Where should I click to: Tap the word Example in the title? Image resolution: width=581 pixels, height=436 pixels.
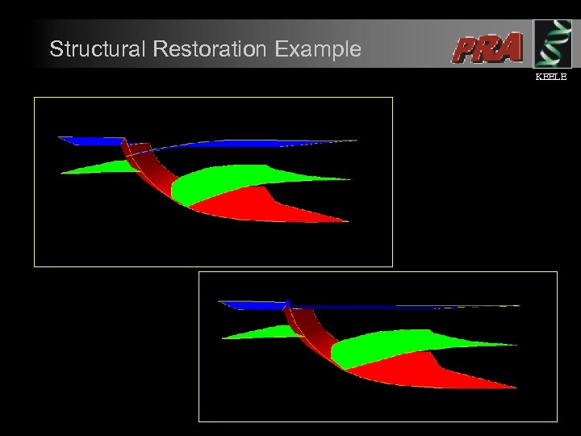click(x=317, y=49)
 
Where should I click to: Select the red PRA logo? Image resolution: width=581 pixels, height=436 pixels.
click(x=487, y=48)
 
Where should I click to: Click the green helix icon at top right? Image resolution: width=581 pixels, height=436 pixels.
click(x=552, y=44)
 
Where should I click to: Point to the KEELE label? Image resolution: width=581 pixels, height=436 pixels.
click(x=552, y=77)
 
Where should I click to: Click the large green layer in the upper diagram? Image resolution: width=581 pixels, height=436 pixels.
click(x=234, y=181)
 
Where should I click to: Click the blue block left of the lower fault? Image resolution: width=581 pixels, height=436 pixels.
click(x=252, y=304)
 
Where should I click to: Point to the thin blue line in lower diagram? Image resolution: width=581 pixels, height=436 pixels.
click(x=403, y=306)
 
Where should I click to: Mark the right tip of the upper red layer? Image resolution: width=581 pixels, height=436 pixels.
click(x=347, y=220)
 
